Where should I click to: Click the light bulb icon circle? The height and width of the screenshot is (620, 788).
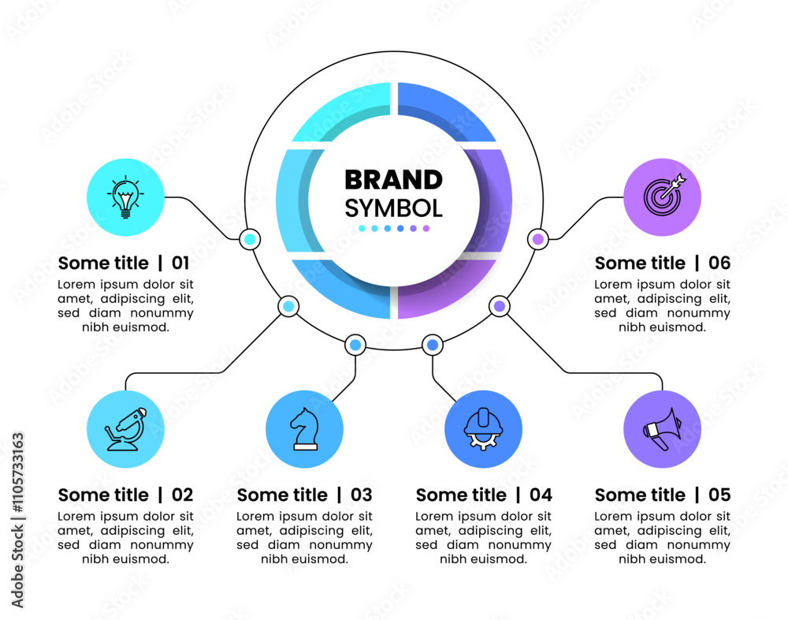pyautogui.click(x=125, y=197)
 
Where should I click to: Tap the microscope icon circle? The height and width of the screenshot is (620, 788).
pyautogui.click(x=125, y=429)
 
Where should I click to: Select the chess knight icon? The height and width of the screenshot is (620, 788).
pyautogui.click(x=304, y=429)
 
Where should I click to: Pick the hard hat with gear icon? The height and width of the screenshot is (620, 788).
pyautogui.click(x=484, y=429)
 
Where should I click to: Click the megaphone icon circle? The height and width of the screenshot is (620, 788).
pyautogui.click(x=663, y=429)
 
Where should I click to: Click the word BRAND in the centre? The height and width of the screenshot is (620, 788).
pyautogui.click(x=393, y=180)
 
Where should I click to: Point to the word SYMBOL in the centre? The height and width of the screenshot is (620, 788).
pyautogui.click(x=393, y=208)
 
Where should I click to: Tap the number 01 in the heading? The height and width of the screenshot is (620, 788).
pyautogui.click(x=180, y=263)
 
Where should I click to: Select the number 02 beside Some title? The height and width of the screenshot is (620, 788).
pyautogui.click(x=183, y=495)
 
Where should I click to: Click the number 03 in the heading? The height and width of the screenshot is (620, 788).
pyautogui.click(x=362, y=495)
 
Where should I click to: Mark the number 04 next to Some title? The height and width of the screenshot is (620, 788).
pyautogui.click(x=541, y=495)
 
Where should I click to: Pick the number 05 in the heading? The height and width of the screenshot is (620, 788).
pyautogui.click(x=719, y=495)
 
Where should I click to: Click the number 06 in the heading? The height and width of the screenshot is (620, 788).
pyautogui.click(x=719, y=263)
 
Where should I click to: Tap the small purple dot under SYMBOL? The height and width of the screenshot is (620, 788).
pyautogui.click(x=426, y=229)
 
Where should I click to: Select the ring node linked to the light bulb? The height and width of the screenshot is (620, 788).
pyautogui.click(x=250, y=239)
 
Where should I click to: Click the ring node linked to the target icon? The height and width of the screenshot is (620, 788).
pyautogui.click(x=537, y=239)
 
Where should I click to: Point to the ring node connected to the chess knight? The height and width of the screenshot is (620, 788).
pyautogui.click(x=355, y=345)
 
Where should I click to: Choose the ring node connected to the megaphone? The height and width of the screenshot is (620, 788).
pyautogui.click(x=500, y=306)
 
